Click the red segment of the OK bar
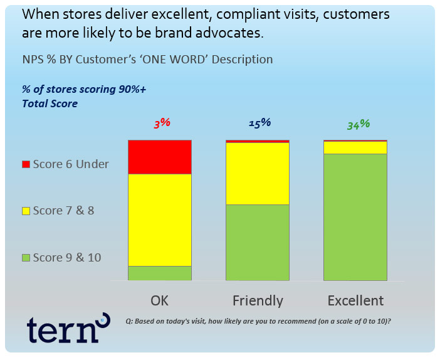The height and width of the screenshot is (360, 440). tap(160, 157)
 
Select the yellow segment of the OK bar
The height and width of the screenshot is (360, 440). tap(160, 220)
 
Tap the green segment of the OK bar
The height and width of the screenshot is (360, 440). tap(160, 273)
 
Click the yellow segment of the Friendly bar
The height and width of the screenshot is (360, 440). tap(258, 174)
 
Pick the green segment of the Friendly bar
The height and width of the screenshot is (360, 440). tap(258, 242)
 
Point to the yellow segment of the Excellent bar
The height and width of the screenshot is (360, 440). tap(355, 147)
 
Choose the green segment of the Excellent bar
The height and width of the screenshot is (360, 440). tap(355, 217)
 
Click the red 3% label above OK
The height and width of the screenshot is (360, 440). tap(162, 123)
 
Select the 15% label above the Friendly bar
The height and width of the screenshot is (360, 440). tap(259, 123)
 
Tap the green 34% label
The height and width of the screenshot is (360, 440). tap(359, 124)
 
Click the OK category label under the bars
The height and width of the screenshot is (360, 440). tap(159, 300)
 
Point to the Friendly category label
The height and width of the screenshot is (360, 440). tap(258, 301)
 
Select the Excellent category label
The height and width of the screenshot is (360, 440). tap(355, 300)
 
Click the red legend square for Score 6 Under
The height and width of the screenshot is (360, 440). tap(26, 164)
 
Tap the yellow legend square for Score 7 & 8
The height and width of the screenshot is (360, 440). tap(26, 211)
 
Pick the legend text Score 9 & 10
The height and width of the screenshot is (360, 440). tap(67, 258)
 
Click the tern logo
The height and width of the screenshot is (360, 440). tap(68, 328)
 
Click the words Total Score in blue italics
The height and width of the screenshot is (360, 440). tap(50, 103)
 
